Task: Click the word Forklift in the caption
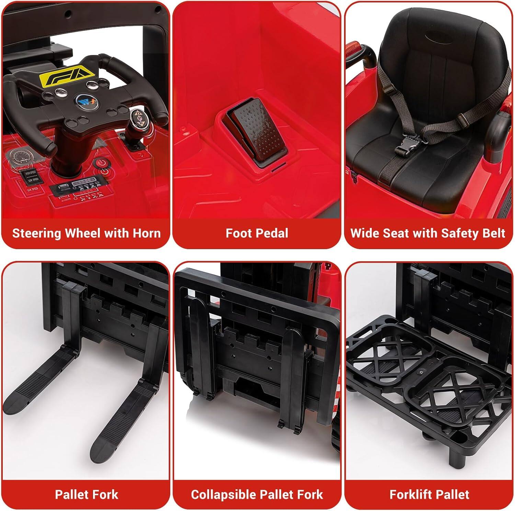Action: tap(410, 495)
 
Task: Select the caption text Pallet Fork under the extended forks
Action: tap(86, 495)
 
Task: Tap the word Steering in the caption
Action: tap(37, 233)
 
